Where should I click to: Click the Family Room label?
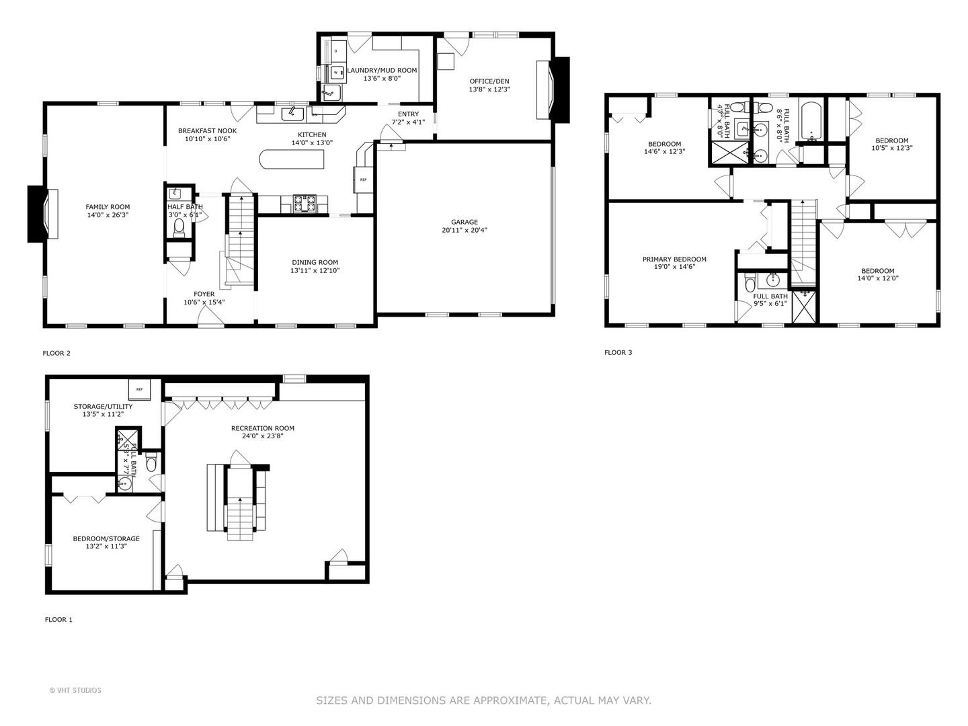click(x=108, y=207)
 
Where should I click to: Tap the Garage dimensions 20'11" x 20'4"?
click(x=465, y=230)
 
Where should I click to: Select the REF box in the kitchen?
click(x=363, y=179)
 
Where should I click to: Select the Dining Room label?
click(x=315, y=262)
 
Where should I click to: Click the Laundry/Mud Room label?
click(x=382, y=70)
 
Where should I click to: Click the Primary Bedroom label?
click(x=674, y=259)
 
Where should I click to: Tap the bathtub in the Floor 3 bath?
click(x=809, y=121)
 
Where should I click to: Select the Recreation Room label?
click(x=263, y=428)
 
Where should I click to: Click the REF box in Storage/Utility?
click(x=140, y=389)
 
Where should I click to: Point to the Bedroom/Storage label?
click(x=106, y=538)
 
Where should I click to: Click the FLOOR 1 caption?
click(x=58, y=620)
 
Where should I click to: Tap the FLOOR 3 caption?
click(x=618, y=352)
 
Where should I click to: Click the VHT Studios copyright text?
click(x=75, y=690)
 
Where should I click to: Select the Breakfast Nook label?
click(x=207, y=130)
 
